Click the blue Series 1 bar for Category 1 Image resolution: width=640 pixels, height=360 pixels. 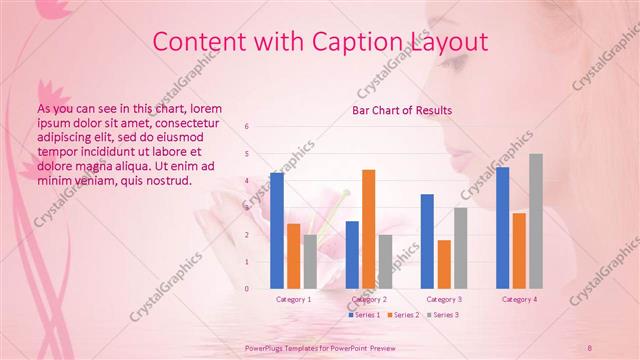click(x=277, y=231)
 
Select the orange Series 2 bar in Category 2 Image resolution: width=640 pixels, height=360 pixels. click(x=369, y=229)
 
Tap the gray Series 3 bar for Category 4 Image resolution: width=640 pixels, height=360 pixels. click(x=536, y=221)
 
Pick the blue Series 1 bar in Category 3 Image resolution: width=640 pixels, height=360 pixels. click(x=427, y=241)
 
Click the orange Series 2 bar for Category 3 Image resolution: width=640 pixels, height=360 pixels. click(x=444, y=264)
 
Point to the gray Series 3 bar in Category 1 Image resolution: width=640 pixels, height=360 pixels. click(x=310, y=262)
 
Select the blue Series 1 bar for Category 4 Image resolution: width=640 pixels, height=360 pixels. click(x=502, y=228)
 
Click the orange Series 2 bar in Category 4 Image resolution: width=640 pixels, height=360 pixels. click(x=519, y=250)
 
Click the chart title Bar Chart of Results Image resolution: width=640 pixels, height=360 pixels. click(x=402, y=110)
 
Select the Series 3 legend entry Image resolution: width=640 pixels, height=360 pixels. click(x=445, y=315)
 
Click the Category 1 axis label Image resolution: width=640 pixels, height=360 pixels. click(x=293, y=299)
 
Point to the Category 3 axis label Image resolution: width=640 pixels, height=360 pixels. click(x=443, y=299)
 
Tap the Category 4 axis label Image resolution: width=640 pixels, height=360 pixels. click(x=519, y=299)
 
